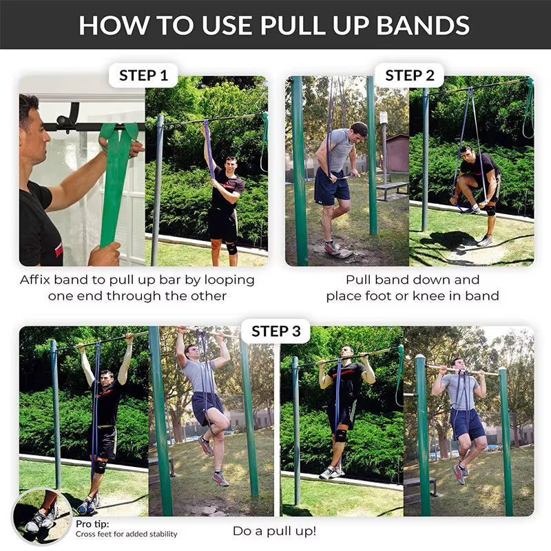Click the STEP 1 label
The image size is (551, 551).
(143, 75)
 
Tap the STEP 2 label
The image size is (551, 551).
(409, 75)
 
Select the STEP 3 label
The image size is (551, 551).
(275, 331)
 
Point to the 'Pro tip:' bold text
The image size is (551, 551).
(92, 523)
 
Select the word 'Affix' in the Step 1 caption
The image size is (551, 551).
(38, 280)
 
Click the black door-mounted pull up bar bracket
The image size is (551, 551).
(67, 117)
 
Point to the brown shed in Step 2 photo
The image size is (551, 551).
(398, 153)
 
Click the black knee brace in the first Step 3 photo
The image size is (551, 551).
(100, 466)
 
